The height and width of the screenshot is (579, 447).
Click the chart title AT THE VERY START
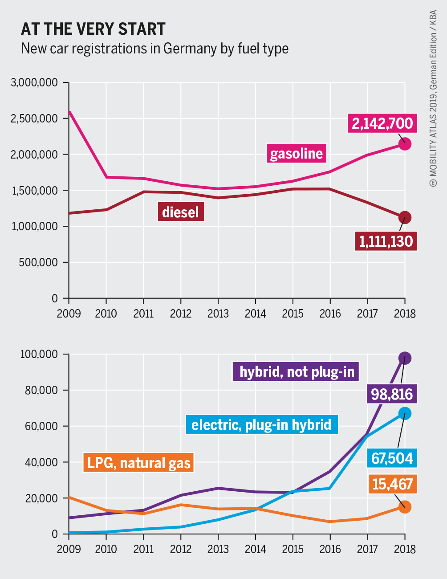[93, 29]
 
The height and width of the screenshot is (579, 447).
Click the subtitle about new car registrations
[154, 48]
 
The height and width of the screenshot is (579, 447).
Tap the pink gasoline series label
[296, 154]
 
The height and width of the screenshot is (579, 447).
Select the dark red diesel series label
[180, 212]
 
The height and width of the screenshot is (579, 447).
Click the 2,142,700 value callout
[382, 123]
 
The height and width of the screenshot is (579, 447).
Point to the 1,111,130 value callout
[386, 241]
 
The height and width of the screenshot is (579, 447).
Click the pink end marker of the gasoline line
[404, 144]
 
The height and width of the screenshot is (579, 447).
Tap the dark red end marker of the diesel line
[404, 218]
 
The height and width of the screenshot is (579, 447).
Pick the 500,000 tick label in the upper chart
[38, 262]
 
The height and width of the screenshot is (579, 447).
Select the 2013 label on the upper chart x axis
[218, 314]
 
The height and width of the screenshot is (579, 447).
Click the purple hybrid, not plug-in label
[297, 371]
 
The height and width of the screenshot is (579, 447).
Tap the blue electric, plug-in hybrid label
[261, 424]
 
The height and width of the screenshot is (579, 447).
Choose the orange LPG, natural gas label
[138, 463]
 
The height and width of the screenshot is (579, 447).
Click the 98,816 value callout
[392, 394]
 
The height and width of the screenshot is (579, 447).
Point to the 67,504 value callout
[392, 458]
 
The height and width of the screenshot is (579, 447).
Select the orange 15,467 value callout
[392, 484]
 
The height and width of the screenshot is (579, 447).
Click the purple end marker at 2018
[404, 358]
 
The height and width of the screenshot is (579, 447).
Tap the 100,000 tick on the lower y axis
[39, 355]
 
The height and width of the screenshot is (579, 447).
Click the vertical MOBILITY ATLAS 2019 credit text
[433, 98]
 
